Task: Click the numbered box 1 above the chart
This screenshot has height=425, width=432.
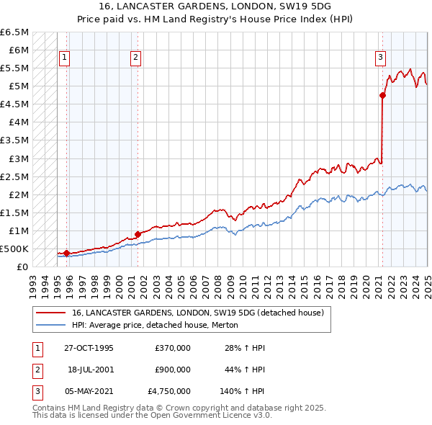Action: click(x=65, y=58)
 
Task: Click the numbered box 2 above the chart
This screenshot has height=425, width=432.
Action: click(x=136, y=58)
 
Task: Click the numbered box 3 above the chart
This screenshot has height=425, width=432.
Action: click(x=380, y=58)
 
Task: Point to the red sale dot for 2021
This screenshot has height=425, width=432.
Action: click(x=382, y=95)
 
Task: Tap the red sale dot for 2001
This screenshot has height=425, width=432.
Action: click(x=138, y=234)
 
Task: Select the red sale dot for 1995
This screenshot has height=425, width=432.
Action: click(x=66, y=253)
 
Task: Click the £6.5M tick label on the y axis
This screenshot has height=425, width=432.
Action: click(x=14, y=32)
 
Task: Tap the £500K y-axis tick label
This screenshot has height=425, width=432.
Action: click(x=14, y=249)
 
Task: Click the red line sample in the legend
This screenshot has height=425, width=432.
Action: click(x=50, y=313)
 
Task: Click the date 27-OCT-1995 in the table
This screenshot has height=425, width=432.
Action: click(x=89, y=348)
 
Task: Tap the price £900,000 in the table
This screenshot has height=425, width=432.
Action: click(x=173, y=370)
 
